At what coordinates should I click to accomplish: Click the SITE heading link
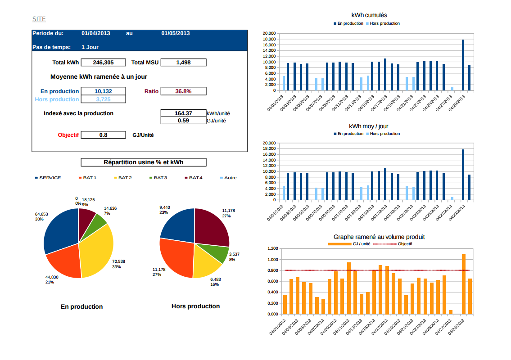(39, 19)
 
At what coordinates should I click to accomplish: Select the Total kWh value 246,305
(103, 63)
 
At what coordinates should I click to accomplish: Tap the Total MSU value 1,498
(183, 63)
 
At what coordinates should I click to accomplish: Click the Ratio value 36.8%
(183, 91)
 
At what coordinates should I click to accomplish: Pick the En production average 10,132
(103, 91)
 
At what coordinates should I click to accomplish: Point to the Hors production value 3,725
(103, 99)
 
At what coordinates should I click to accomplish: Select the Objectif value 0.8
(103, 135)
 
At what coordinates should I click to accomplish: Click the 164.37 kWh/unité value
(183, 113)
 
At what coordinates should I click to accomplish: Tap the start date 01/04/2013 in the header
(95, 33)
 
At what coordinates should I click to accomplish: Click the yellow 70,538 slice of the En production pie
(99, 252)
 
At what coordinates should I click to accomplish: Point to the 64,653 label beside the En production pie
(41, 214)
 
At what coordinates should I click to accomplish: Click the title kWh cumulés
(369, 16)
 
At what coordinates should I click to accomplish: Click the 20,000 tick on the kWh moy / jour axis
(269, 143)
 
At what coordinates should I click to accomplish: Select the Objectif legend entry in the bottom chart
(404, 244)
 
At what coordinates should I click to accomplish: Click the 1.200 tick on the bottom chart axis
(272, 248)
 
